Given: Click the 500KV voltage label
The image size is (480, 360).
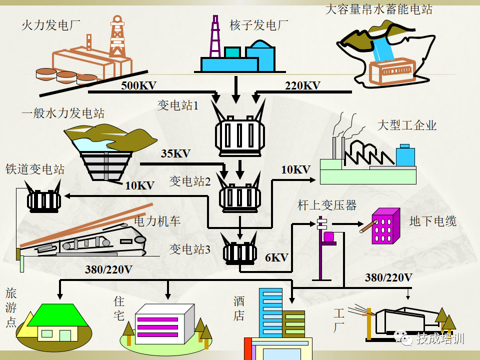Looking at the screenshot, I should click(x=138, y=85).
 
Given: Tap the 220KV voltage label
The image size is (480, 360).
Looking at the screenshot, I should click(x=302, y=85).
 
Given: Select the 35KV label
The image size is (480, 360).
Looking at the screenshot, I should click(x=175, y=153).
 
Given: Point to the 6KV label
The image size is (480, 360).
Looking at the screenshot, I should click(x=276, y=258).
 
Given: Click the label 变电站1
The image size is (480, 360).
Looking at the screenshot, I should click(x=178, y=105).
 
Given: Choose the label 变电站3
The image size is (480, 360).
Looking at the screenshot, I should click(x=190, y=248).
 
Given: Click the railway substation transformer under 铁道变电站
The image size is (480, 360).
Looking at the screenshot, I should click(x=44, y=201).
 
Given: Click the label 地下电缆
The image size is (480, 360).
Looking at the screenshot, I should click(x=433, y=220).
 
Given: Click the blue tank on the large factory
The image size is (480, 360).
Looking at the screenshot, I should click(x=405, y=156).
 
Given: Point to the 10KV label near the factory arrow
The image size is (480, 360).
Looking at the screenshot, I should click(x=295, y=169).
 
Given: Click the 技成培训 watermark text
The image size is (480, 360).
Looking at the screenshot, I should click(x=440, y=338).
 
